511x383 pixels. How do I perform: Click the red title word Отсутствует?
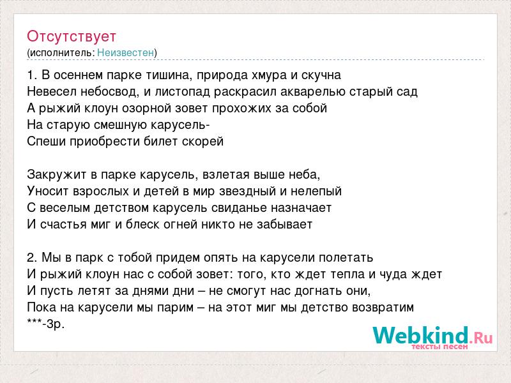click(x=72, y=36)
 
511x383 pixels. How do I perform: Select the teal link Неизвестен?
click(x=125, y=52)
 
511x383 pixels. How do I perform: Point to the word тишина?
click(x=168, y=75)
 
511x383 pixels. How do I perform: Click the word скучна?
click(x=321, y=75)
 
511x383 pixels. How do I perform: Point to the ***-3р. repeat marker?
click(x=45, y=324)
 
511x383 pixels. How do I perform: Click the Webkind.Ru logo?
click(x=432, y=338)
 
